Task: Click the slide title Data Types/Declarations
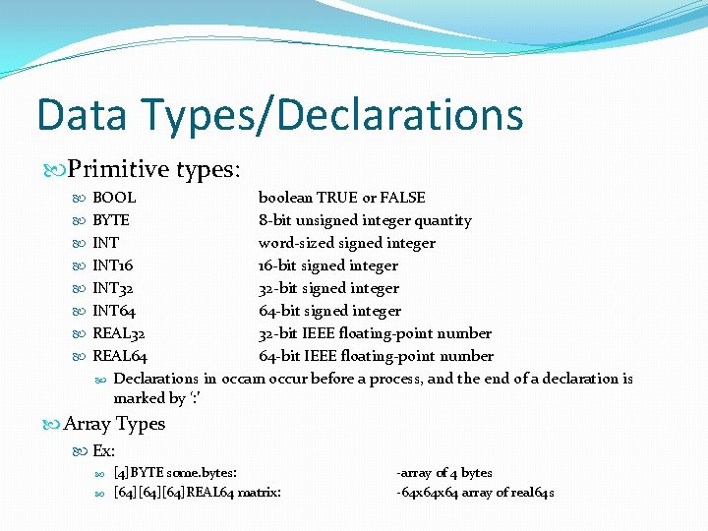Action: (279, 114)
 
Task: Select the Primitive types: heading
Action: (153, 169)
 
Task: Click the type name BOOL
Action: (114, 198)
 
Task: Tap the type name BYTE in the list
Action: (111, 220)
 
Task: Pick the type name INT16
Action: (113, 265)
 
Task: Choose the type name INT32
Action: (113, 288)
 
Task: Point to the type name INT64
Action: (114, 311)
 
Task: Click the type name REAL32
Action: (119, 333)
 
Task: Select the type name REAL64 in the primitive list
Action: (120, 356)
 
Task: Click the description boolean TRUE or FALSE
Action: (341, 198)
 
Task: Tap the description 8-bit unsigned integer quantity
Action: (365, 220)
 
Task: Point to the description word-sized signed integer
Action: (346, 243)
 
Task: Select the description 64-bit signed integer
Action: (329, 311)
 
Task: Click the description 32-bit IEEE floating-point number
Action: (375, 333)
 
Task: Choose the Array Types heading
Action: (114, 424)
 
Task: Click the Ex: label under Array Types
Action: (103, 450)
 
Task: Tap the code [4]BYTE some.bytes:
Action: (175, 473)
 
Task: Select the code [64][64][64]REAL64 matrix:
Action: (198, 492)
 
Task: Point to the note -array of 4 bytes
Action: (444, 473)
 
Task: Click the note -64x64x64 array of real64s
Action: (475, 492)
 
